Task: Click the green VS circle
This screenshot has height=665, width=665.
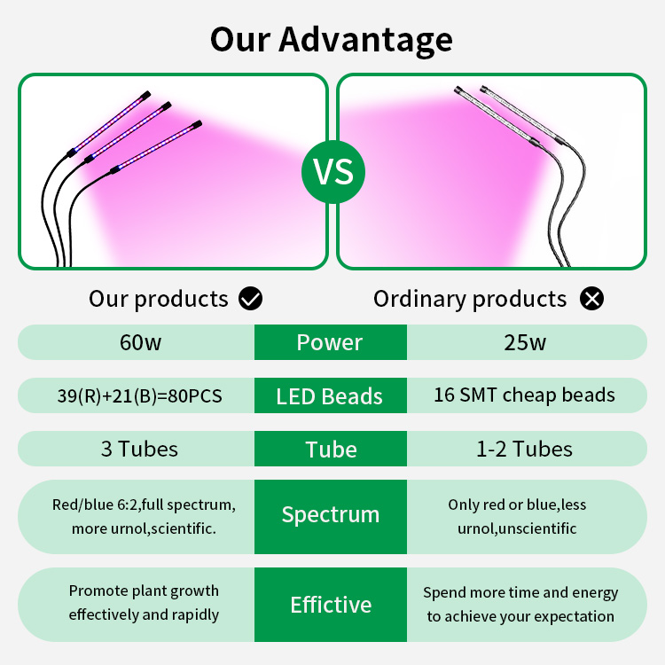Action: [333, 172]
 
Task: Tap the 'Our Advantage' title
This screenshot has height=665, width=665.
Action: [332, 40]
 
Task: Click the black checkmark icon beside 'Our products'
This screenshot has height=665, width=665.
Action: [250, 298]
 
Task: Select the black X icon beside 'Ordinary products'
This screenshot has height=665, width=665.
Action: [591, 298]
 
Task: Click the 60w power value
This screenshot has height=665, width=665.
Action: [140, 342]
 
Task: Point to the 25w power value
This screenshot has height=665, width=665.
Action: [525, 342]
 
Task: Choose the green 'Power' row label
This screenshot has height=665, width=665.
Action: [331, 342]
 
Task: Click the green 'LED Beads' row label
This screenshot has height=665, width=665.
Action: [331, 395]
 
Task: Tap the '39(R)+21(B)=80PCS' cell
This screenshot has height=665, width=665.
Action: [139, 395]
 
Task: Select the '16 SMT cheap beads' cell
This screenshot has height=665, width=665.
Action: [524, 395]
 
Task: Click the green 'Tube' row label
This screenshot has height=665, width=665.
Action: [331, 450]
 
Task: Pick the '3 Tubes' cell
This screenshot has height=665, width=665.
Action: [139, 449]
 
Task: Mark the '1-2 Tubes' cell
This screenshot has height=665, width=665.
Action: [524, 449]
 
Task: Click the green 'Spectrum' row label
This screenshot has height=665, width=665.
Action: [331, 517]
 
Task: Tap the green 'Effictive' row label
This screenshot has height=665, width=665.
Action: [331, 605]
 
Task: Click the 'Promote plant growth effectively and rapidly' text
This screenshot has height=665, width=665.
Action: [144, 603]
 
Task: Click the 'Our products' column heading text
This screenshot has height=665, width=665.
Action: [159, 299]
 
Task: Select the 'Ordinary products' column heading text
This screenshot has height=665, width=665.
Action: [470, 299]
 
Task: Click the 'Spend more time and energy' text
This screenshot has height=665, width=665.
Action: [520, 593]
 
